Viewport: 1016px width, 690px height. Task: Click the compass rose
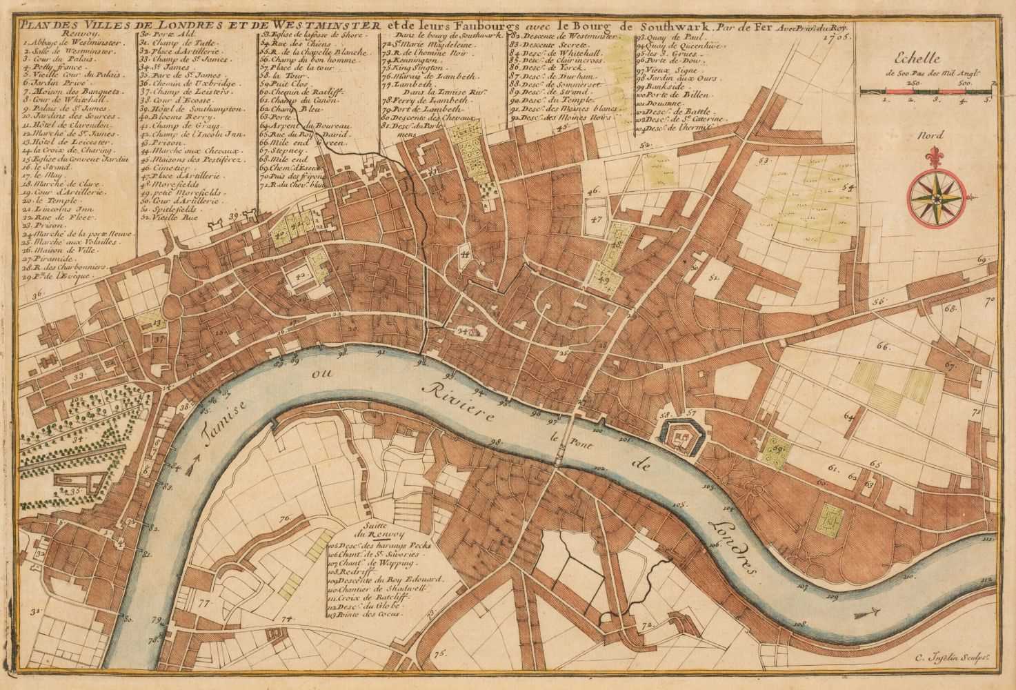tap(936, 199)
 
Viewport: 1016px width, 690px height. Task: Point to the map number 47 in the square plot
tap(596, 219)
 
